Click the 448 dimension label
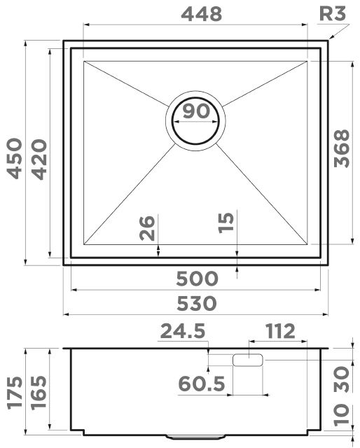pos(202,14)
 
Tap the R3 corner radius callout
pos(333,13)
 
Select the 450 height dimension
pos(15,159)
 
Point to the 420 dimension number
pos(39,159)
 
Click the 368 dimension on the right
pos(342,148)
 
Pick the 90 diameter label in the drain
pos(196,111)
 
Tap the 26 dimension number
pos(147,228)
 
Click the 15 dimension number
pos(226,223)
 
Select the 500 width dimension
pos(197,279)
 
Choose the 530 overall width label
pos(196,303)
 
